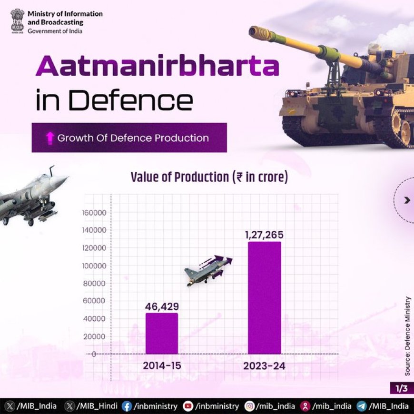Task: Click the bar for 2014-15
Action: point(162,334)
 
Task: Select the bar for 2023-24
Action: point(265,298)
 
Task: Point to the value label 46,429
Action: point(162,306)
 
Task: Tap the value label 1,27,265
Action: point(264,235)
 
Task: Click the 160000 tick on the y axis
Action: point(94,213)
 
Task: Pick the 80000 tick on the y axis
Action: point(94,283)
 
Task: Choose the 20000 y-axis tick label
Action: point(94,336)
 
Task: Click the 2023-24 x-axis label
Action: point(264,366)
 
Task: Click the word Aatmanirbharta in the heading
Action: point(158,66)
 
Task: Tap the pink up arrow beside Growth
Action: point(49,138)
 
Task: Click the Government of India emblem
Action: point(18,21)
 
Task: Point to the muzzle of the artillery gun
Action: point(254,31)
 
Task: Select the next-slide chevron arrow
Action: point(407,200)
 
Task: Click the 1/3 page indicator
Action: point(402,388)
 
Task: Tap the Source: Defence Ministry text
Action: point(408,336)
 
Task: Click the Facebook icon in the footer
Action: point(127,406)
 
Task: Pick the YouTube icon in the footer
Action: point(188,406)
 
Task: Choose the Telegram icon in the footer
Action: point(362,406)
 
